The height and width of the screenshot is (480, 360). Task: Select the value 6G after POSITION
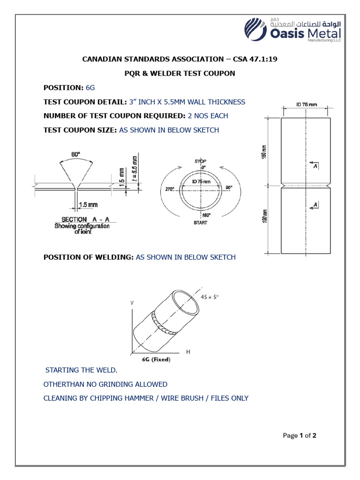coord(90,88)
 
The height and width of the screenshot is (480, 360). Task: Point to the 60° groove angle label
coord(75,154)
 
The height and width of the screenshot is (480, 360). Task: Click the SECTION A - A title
coord(86,219)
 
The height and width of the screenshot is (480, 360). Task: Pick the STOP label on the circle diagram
coord(200,161)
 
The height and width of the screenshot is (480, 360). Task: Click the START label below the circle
coord(200,223)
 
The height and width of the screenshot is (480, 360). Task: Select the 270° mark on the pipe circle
coord(169,189)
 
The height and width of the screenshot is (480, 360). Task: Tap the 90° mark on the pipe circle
coord(229,187)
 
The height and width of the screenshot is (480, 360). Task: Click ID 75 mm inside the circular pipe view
coord(202,181)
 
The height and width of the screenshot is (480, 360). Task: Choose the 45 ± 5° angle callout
coord(210,297)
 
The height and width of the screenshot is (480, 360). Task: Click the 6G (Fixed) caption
coord(156,360)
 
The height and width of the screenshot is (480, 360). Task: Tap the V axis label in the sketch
coord(132,303)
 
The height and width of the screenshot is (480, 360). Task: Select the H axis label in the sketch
coord(188,352)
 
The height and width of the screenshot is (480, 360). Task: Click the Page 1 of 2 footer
coord(300,435)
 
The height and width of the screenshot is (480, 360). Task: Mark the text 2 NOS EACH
coord(204,116)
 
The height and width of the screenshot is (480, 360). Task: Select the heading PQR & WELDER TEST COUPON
coord(182,74)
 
